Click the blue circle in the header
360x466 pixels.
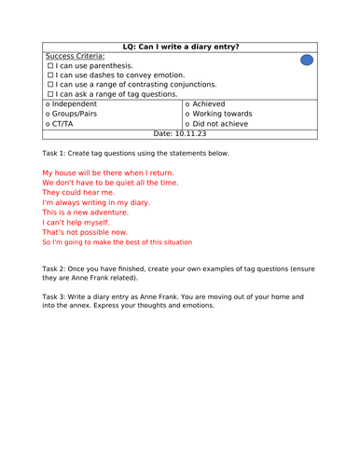[x=307, y=61]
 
